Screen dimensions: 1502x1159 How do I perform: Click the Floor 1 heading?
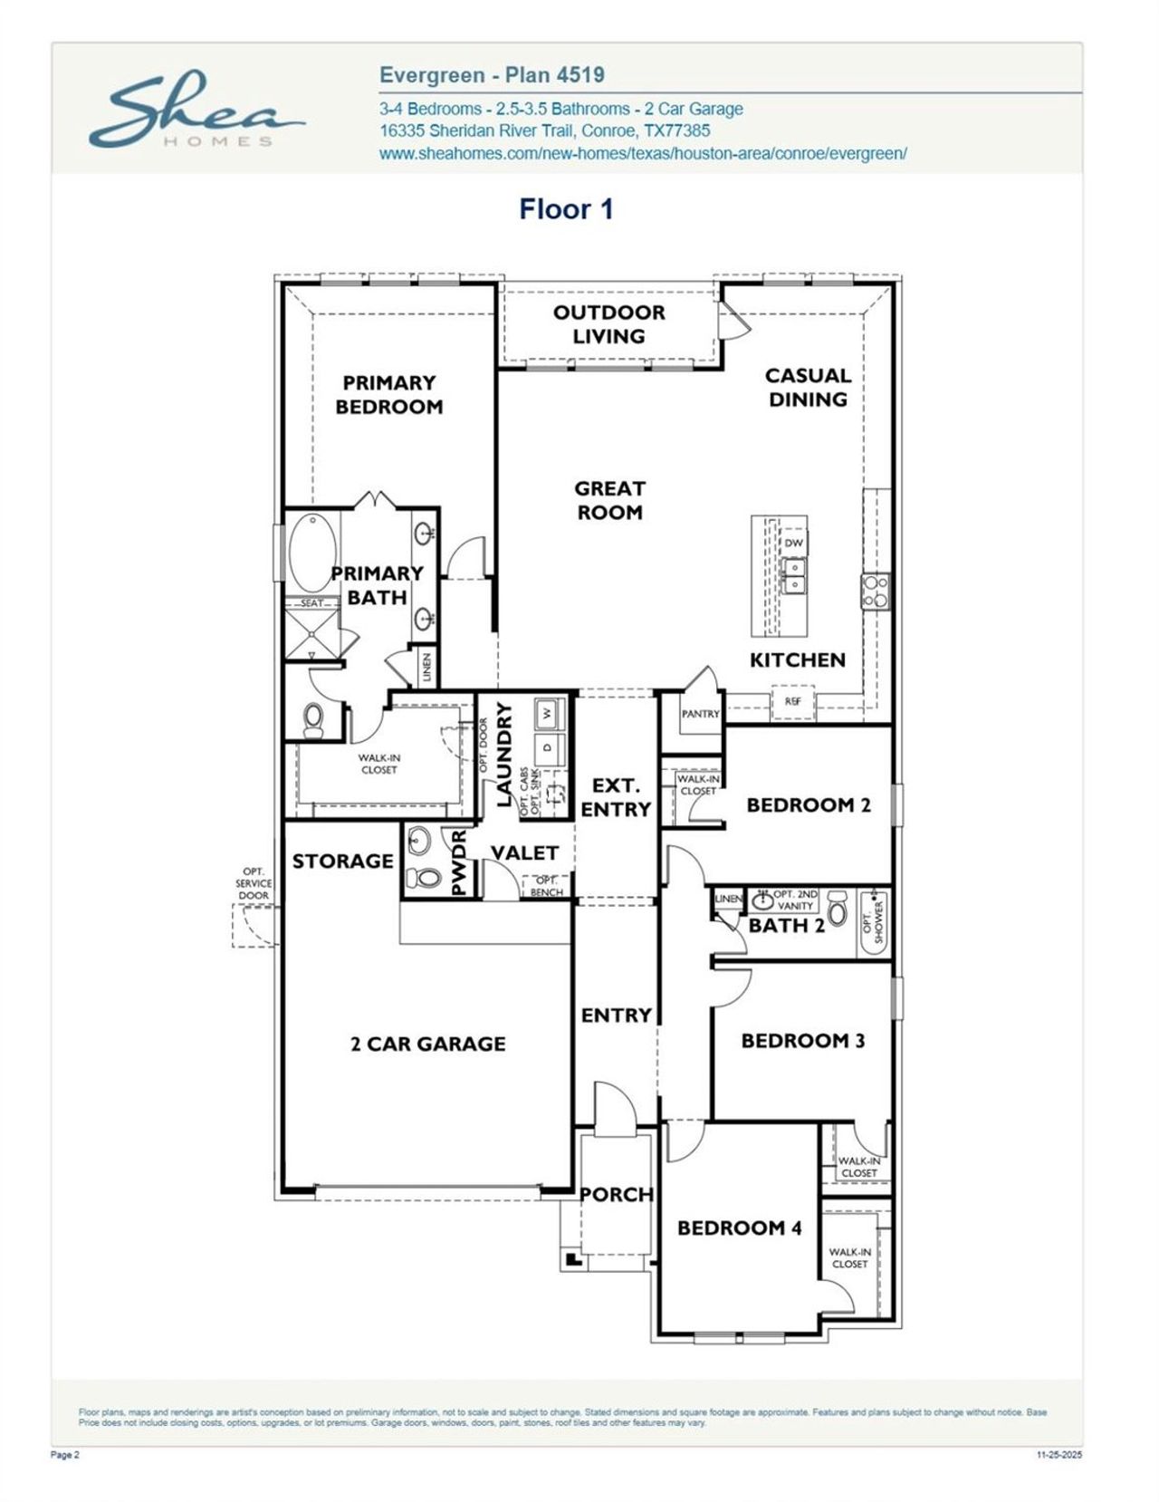pos(566,209)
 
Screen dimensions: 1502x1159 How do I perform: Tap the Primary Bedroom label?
pos(389,395)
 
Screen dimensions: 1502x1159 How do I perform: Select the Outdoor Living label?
pos(608,324)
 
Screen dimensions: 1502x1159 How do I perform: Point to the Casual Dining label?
pos(808,388)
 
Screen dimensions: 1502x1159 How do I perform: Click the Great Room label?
pos(609,500)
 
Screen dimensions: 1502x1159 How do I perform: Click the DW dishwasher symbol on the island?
pos(793,543)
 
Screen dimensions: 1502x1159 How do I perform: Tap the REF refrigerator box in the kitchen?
pos(792,701)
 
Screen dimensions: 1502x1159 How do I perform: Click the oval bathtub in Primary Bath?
pos(313,553)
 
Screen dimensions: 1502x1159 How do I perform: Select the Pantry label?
pos(700,714)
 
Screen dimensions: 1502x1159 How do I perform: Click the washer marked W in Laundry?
pos(547,713)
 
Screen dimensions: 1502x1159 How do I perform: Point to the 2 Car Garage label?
pos(427,1044)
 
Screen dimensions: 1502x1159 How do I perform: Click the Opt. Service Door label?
pos(254,883)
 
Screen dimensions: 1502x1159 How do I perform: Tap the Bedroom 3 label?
pos(802,1040)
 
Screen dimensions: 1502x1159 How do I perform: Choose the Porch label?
pos(616,1194)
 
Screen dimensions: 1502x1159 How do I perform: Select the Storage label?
pos(342,861)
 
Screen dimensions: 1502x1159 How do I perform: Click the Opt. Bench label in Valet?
pos(546,886)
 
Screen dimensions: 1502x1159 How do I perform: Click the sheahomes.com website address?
pos(643,154)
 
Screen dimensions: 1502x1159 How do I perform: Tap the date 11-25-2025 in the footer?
pos(1058,1455)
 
